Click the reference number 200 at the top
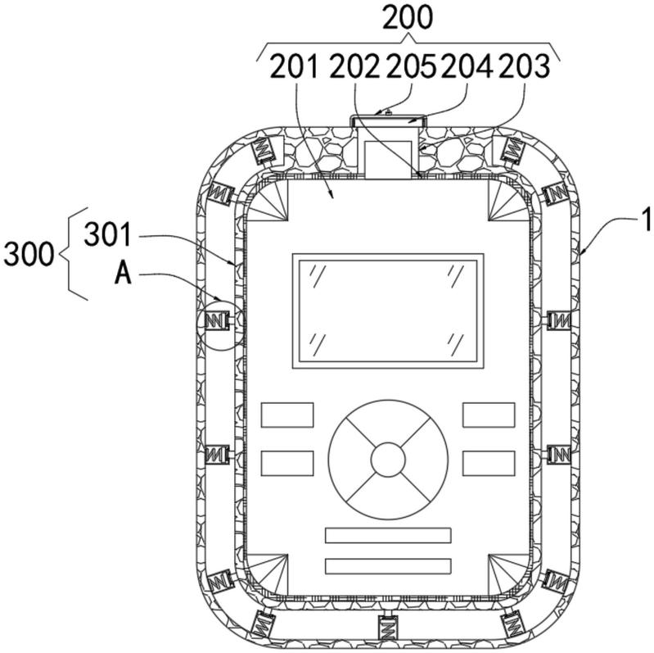[x=408, y=18]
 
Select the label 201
[x=295, y=67]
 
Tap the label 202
[x=354, y=67]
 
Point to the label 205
[x=411, y=67]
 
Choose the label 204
[x=467, y=67]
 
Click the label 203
[x=525, y=67]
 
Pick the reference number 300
[x=29, y=254]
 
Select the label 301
[x=108, y=234]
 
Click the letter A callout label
[x=123, y=274]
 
